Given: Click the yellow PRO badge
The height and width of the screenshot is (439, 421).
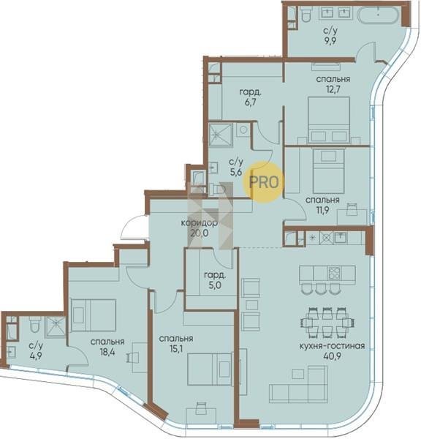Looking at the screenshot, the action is point(264,182).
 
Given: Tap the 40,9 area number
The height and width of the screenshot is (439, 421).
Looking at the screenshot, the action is point(333,356).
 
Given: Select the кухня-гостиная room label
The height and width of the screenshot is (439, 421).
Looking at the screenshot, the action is point(333,346).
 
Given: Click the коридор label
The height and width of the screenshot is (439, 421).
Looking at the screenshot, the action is point(199,223).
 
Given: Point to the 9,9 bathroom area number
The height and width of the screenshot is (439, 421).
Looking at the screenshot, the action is point(330,40).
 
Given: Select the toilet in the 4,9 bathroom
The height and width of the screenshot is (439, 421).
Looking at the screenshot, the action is point(35,324).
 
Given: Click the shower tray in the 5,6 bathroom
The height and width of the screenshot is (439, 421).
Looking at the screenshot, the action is point(221,135).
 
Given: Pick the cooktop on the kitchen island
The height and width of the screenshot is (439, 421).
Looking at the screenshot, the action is point(335,273).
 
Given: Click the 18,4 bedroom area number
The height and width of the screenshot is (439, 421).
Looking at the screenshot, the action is point(107,352).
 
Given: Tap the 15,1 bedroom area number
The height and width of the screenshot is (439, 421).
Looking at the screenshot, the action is point(176,349).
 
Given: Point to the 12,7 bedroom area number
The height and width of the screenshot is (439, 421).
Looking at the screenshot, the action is point(333,89).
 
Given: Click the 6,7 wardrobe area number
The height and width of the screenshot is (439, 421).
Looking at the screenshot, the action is point(250,102).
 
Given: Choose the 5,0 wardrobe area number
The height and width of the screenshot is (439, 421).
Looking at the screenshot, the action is point(215,286).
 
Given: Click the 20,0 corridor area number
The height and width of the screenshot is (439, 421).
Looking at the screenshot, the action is point(199,233).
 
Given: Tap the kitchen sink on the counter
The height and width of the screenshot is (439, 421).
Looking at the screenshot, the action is point(341,238).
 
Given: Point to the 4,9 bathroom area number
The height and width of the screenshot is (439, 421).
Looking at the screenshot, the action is point(36,356).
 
